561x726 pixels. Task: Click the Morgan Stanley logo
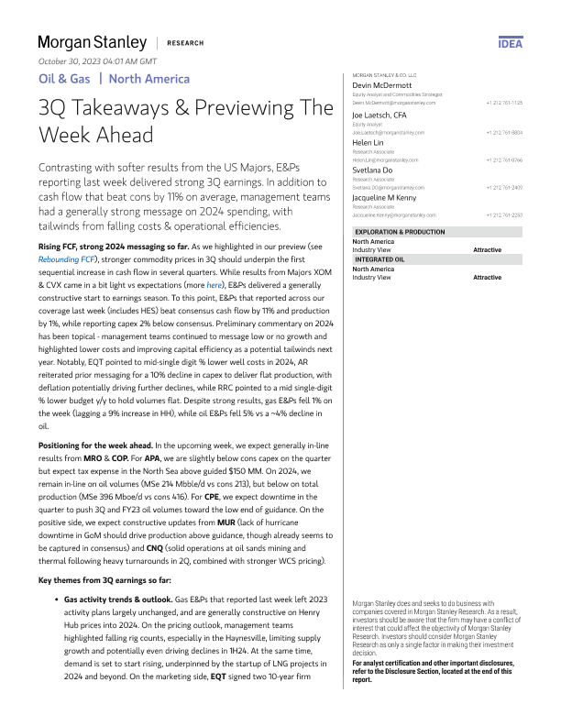(92, 42)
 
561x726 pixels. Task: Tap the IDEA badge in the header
(510, 44)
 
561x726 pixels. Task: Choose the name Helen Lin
(370, 143)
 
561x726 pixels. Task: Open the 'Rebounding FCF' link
(67, 258)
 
